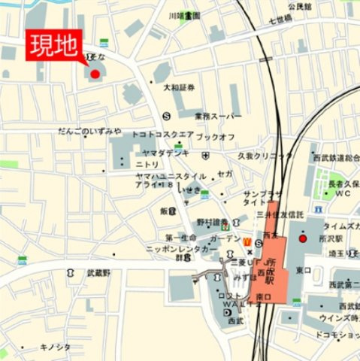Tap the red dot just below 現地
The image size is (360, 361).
[x=95, y=73]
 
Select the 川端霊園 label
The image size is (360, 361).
[x=184, y=15]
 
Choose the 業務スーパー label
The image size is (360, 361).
[x=218, y=116]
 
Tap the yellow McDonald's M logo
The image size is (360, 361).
[x=246, y=240]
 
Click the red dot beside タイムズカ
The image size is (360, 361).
[x=303, y=238]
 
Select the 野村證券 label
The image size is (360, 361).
[x=213, y=222]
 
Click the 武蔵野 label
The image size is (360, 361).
[x=98, y=272]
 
